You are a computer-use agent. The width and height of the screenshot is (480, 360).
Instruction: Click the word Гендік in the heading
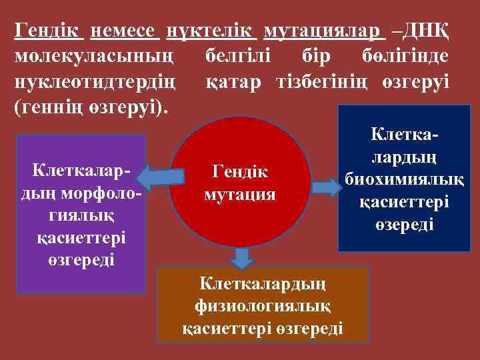49,31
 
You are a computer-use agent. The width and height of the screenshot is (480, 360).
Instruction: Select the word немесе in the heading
124,31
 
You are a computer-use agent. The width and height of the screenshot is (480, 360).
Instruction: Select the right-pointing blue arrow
326,187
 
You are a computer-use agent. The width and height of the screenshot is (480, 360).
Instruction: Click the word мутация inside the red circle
239,195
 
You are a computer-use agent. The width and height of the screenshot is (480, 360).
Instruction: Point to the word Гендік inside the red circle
239,171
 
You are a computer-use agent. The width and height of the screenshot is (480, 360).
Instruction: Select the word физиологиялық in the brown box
262,306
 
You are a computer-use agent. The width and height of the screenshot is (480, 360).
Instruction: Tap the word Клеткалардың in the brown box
262,284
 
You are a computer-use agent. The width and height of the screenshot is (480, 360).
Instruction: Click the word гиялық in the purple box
81,215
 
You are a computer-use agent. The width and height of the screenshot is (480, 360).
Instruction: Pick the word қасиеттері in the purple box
81,237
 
